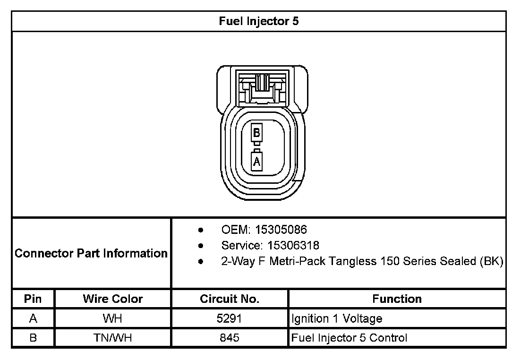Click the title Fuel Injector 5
point(259,21)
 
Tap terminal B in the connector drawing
point(256,133)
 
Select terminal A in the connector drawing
point(256,162)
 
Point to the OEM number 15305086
point(281,230)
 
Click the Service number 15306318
point(293,245)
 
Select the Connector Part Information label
point(91,253)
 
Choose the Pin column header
point(33,299)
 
